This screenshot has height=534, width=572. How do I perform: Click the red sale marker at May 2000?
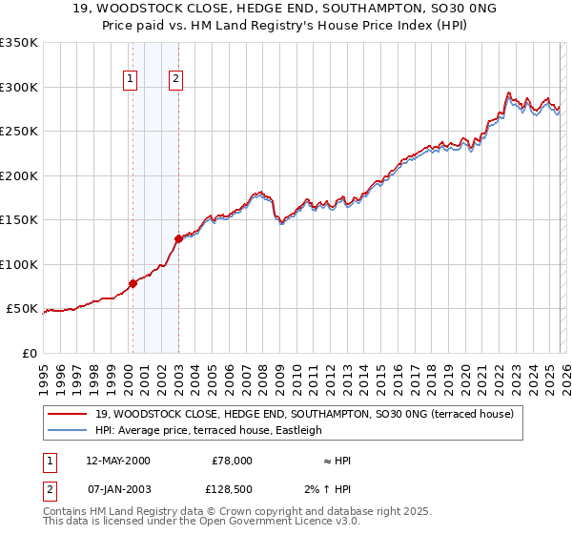coord(133,283)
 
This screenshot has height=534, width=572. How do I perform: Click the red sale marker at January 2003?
coord(178,238)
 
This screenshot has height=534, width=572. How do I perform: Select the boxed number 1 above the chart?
coord(130,80)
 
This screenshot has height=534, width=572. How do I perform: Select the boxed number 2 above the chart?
coord(176,80)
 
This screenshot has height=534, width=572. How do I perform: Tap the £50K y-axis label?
coord(22,309)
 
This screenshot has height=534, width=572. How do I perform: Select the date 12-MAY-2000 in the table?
coord(117,461)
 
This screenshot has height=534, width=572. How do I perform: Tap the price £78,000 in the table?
coord(232,461)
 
